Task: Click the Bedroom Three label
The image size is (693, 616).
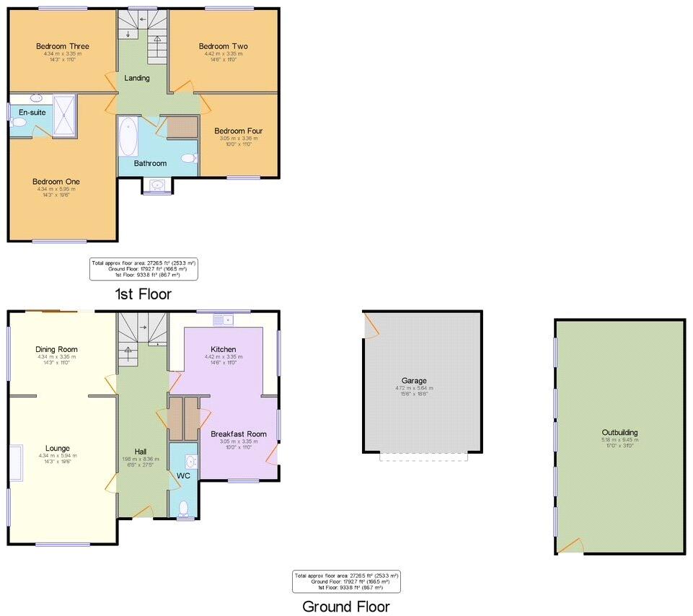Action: pos(63,46)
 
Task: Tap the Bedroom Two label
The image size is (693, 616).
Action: pos(223,46)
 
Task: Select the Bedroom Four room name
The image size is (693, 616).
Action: pos(238,131)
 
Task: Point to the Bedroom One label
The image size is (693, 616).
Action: pos(56,181)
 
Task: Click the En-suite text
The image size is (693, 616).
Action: pos(32,113)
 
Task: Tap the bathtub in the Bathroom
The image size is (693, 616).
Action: pos(128,137)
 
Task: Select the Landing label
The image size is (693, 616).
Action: pos(137,78)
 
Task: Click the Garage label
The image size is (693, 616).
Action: pos(414,380)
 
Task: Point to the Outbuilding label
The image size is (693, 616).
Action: pos(619,433)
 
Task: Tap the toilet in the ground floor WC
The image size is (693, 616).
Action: pos(185,509)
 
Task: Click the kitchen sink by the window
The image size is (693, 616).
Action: pos(221,319)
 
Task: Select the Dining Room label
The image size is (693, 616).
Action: pos(56,349)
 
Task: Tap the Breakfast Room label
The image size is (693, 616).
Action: pos(238,434)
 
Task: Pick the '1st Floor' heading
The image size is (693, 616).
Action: pos(143,294)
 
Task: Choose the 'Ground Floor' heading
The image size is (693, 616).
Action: pos(345,606)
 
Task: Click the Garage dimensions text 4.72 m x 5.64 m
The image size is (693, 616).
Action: pos(414,388)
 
